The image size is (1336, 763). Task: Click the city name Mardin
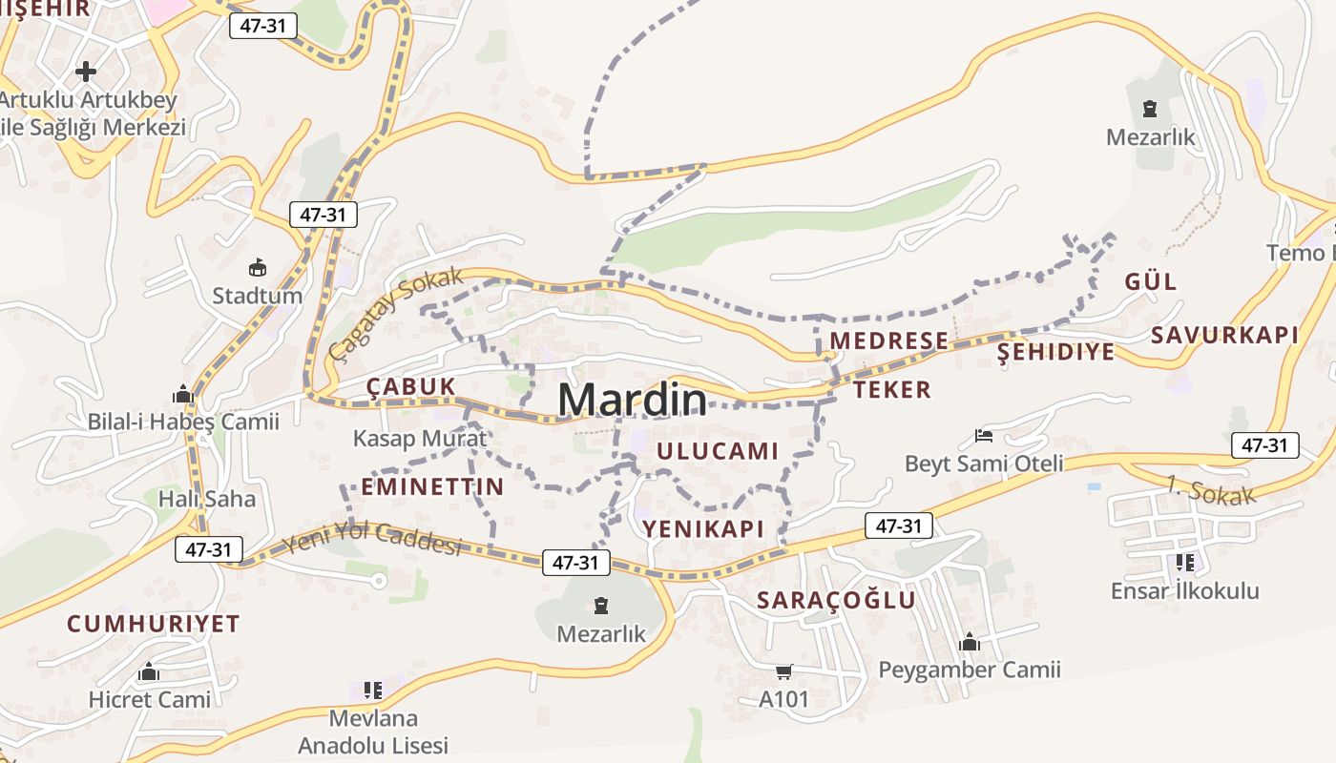coord(633,400)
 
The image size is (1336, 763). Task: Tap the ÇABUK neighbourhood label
coord(411,386)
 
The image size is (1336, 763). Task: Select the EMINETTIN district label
coord(432,486)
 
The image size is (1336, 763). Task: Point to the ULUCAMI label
coord(718,451)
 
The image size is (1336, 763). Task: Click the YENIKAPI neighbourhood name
coord(703,529)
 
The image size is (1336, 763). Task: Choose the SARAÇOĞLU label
coord(836,600)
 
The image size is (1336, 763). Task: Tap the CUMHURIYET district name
coord(153,624)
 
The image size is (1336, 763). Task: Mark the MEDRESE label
coord(888,340)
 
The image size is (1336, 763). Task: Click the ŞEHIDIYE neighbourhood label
coord(1055,352)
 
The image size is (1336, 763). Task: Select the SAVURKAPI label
coord(1224,335)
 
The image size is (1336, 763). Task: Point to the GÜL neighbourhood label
coord(1150,281)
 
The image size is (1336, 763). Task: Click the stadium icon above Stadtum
coord(257,267)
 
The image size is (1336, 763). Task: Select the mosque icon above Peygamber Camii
coord(970,642)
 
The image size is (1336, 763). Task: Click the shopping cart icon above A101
coord(783,671)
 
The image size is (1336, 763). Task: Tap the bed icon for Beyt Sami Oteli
coord(984,436)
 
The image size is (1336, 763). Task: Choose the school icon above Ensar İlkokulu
coord(1184,563)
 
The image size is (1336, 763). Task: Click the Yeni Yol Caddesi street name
coord(373,539)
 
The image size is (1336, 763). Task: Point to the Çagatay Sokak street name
coord(394,313)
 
